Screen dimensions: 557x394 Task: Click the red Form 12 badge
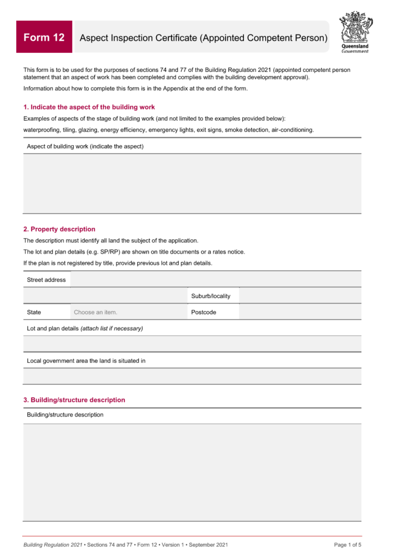click(x=44, y=37)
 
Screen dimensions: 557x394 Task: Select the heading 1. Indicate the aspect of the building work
click(x=89, y=107)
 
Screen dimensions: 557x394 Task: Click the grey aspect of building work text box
click(x=192, y=183)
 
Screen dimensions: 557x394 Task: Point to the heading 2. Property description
click(x=59, y=229)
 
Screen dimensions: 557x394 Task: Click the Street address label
click(x=46, y=280)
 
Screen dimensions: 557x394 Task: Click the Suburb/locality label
click(x=211, y=296)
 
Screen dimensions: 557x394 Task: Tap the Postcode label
click(x=204, y=312)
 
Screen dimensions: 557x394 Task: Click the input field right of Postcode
click(x=300, y=312)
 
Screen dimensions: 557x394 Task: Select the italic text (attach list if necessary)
click(x=112, y=329)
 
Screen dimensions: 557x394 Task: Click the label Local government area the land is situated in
click(x=86, y=361)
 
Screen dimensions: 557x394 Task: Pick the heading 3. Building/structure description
click(x=74, y=400)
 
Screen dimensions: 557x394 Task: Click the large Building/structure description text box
click(x=192, y=472)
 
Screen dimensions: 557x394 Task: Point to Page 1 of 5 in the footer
click(x=347, y=544)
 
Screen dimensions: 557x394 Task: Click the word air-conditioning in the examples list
click(x=292, y=130)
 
